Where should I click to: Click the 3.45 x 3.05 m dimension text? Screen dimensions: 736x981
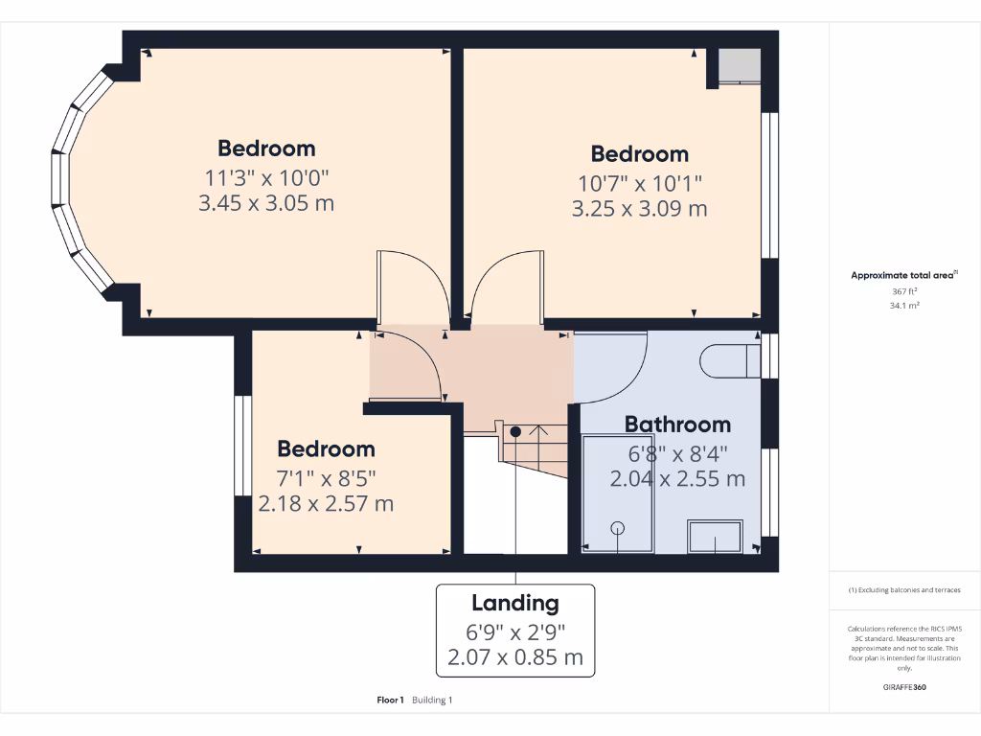[266, 203]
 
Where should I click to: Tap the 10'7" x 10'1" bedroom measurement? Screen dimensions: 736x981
[639, 182]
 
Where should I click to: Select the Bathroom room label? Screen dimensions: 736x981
[677, 425]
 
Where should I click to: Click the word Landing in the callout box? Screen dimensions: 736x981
[514, 603]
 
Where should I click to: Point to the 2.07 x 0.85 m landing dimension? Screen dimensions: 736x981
[514, 658]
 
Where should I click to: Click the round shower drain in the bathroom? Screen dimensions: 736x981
[618, 527]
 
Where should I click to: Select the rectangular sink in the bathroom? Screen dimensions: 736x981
[716, 537]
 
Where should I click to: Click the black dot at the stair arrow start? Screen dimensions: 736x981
[515, 431]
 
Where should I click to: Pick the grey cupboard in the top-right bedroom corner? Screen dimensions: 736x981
[740, 65]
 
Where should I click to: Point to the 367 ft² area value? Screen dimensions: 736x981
[904, 291]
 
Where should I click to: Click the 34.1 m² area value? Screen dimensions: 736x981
[904, 306]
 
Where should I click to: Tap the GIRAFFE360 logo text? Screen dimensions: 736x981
[904, 687]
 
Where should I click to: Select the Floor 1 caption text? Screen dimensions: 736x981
[391, 701]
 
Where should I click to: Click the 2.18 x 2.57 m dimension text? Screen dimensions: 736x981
[326, 503]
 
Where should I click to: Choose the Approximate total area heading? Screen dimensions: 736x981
[903, 275]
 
